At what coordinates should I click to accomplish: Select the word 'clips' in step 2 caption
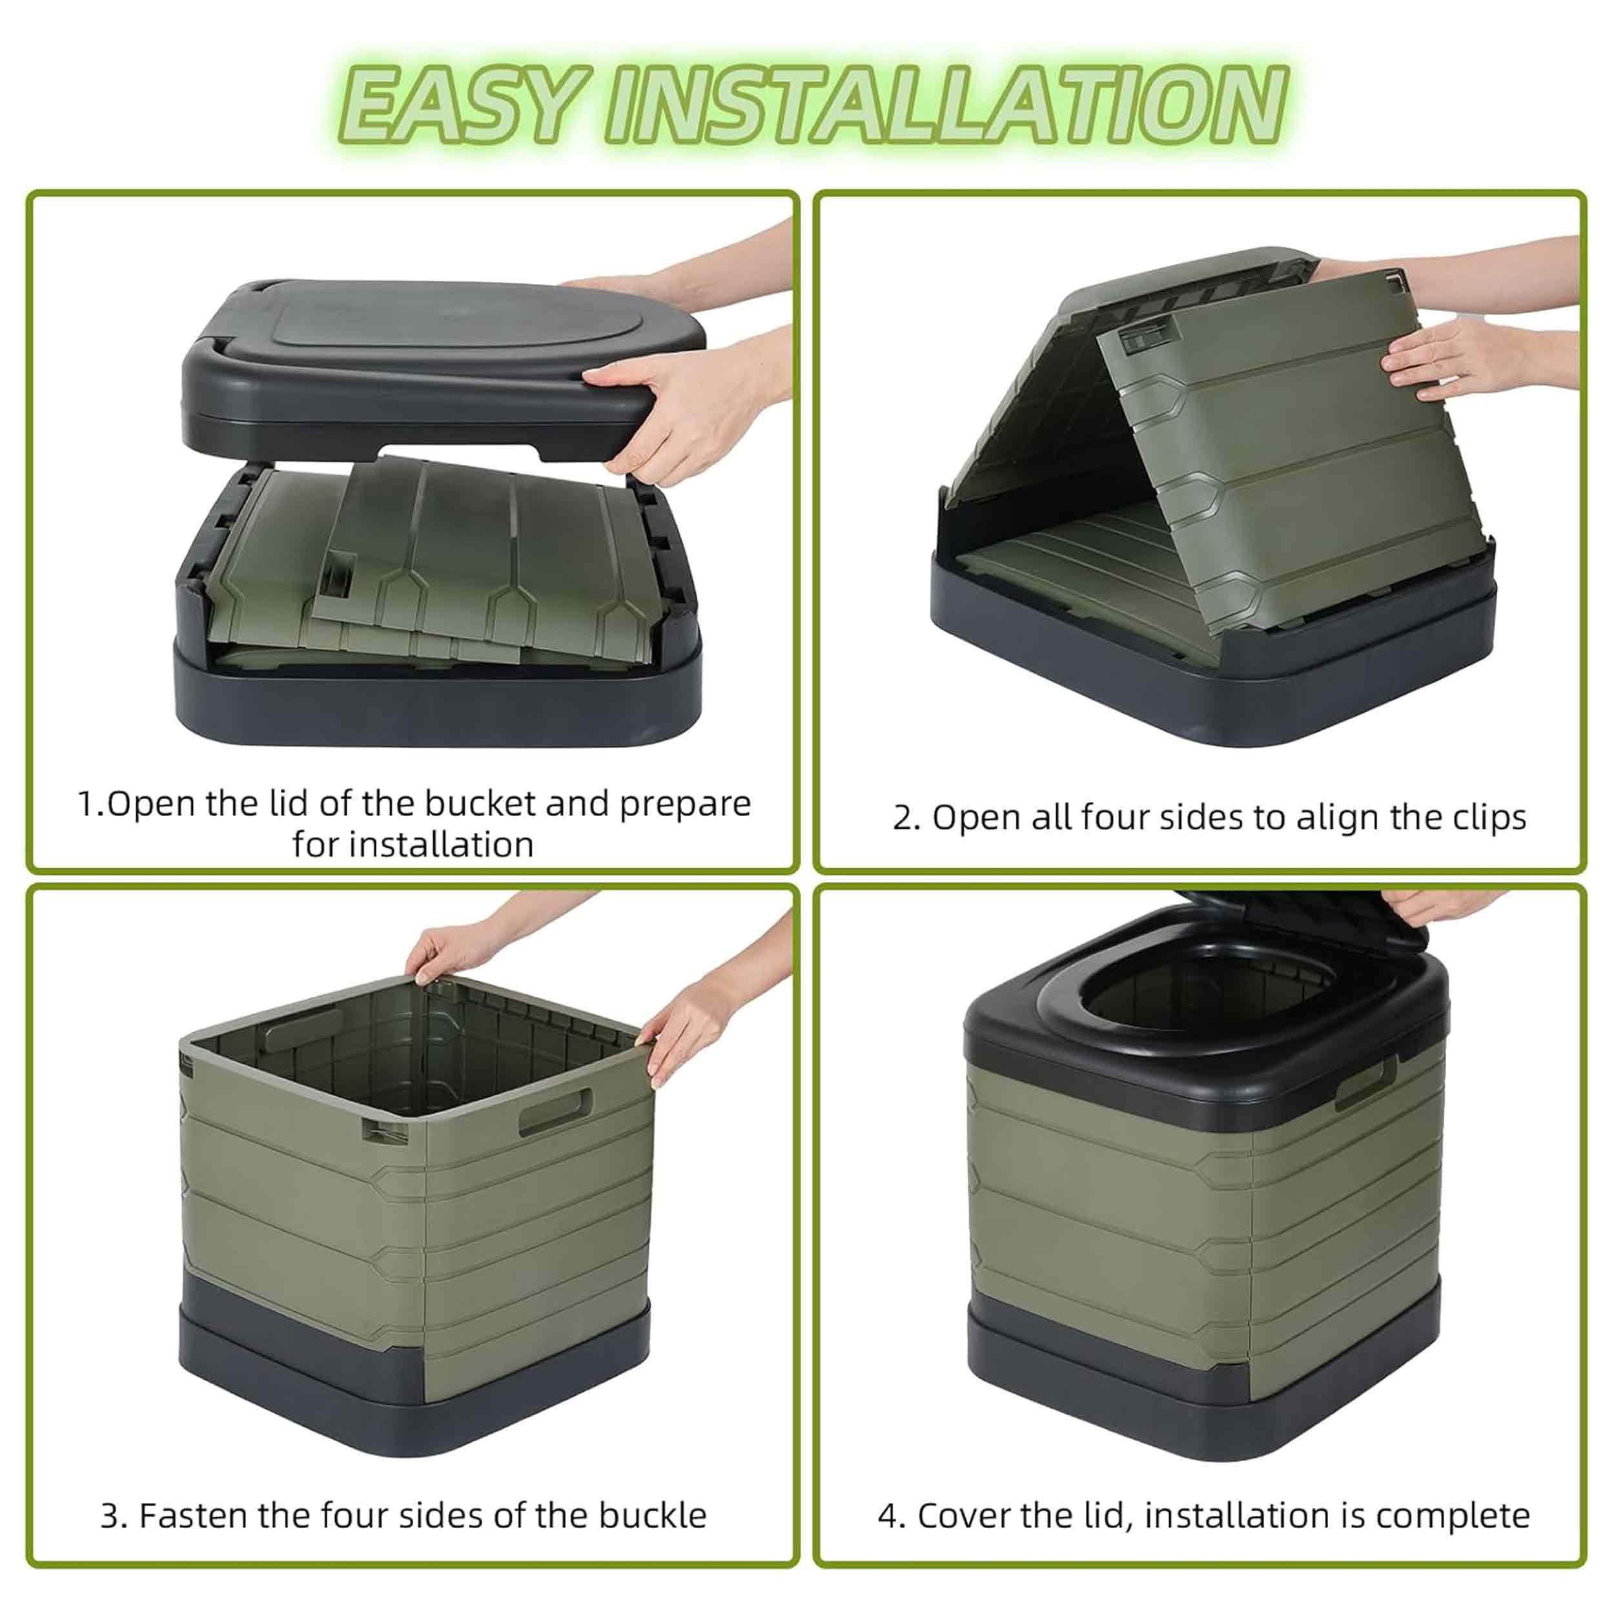1484,819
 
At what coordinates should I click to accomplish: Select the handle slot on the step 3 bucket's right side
556,1110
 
